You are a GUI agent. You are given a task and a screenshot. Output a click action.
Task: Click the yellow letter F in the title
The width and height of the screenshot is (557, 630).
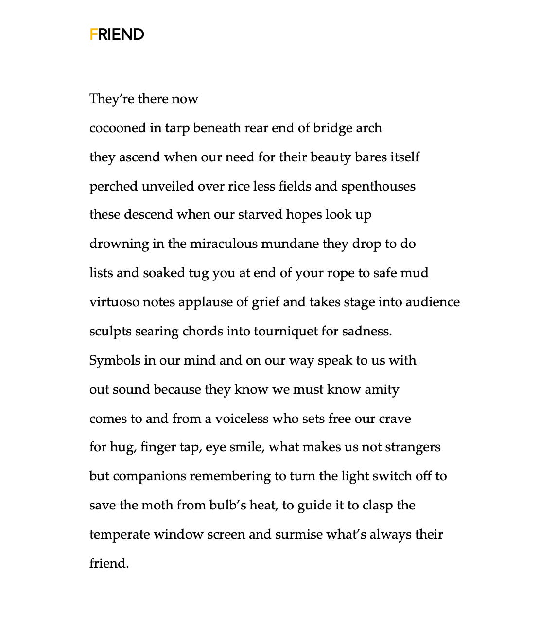click(93, 35)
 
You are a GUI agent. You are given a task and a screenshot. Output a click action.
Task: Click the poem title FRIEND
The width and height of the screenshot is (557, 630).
click(117, 35)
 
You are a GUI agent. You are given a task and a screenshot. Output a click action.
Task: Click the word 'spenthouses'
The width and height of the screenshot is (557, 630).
click(378, 186)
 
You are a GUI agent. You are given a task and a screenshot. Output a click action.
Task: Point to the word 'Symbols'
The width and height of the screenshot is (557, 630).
click(114, 360)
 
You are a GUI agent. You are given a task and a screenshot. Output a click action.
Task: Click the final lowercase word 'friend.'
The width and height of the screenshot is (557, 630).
click(109, 563)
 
